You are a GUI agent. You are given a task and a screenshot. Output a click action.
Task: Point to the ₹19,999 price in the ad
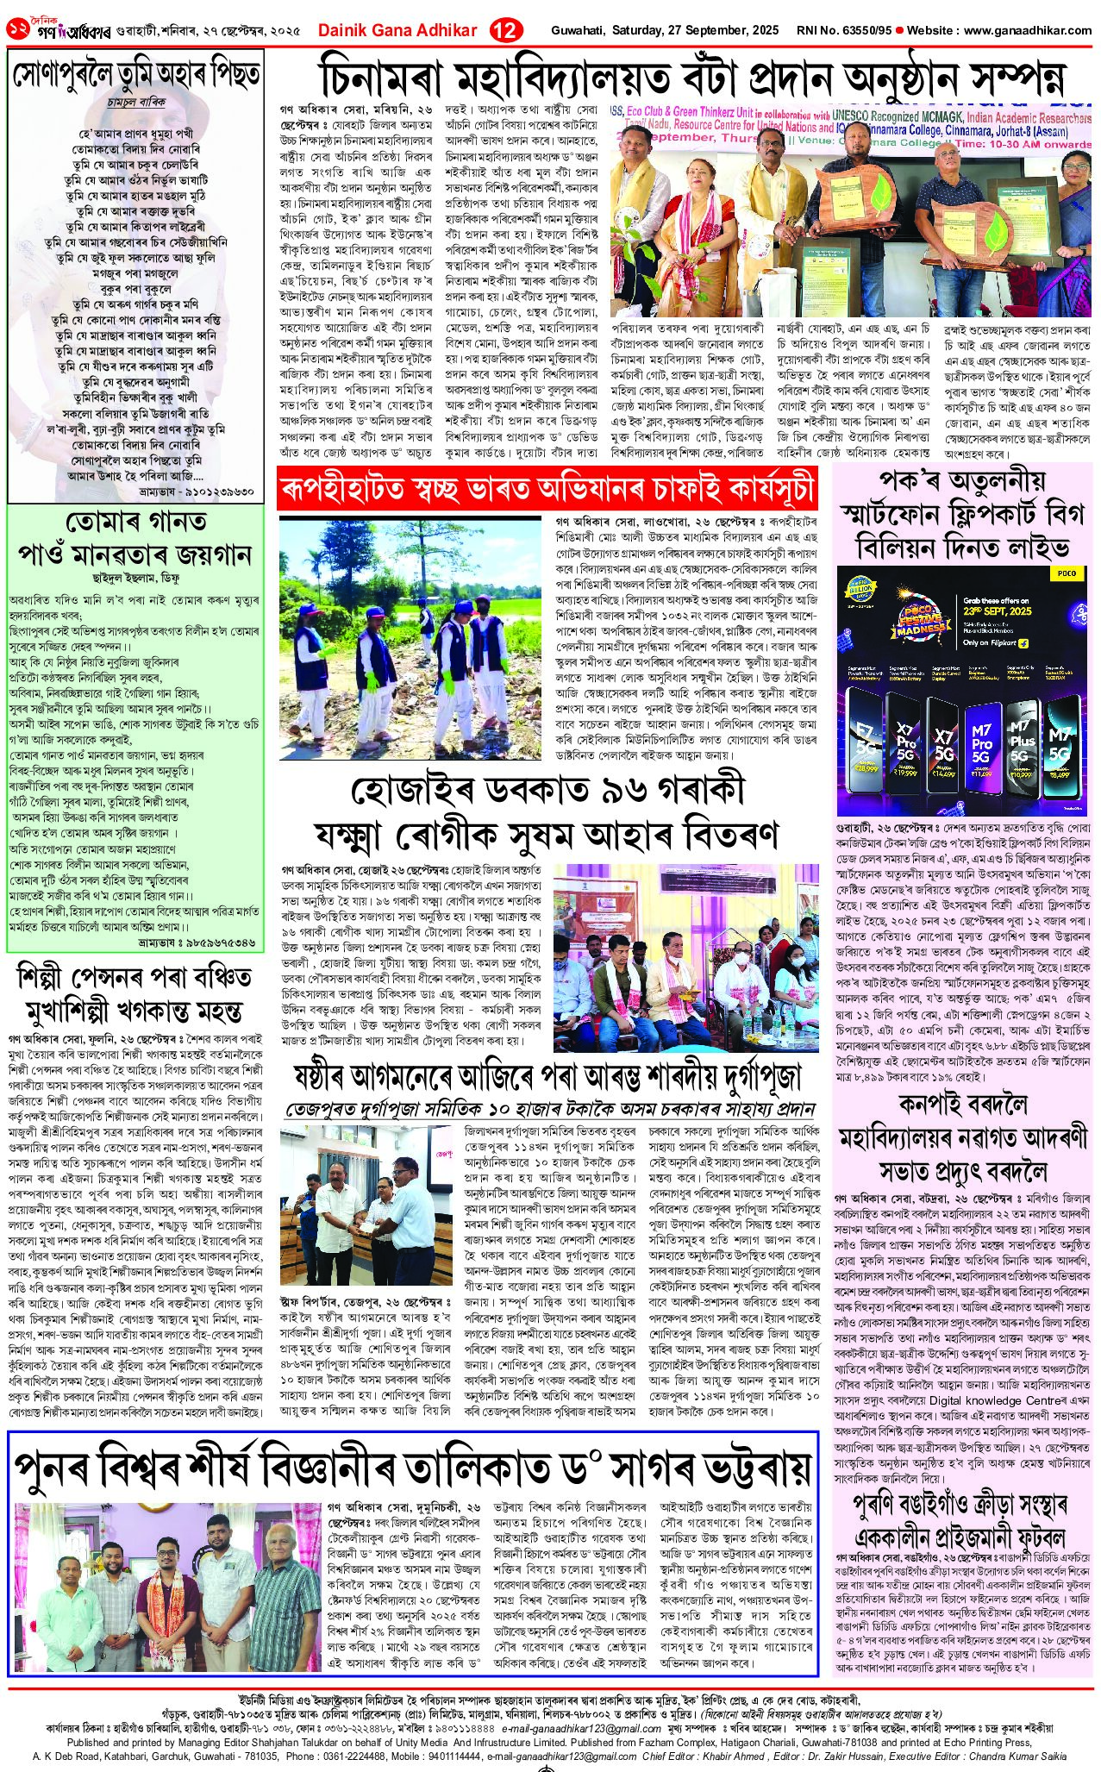point(904,773)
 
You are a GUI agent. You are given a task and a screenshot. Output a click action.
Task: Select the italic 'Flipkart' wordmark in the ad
point(992,642)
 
